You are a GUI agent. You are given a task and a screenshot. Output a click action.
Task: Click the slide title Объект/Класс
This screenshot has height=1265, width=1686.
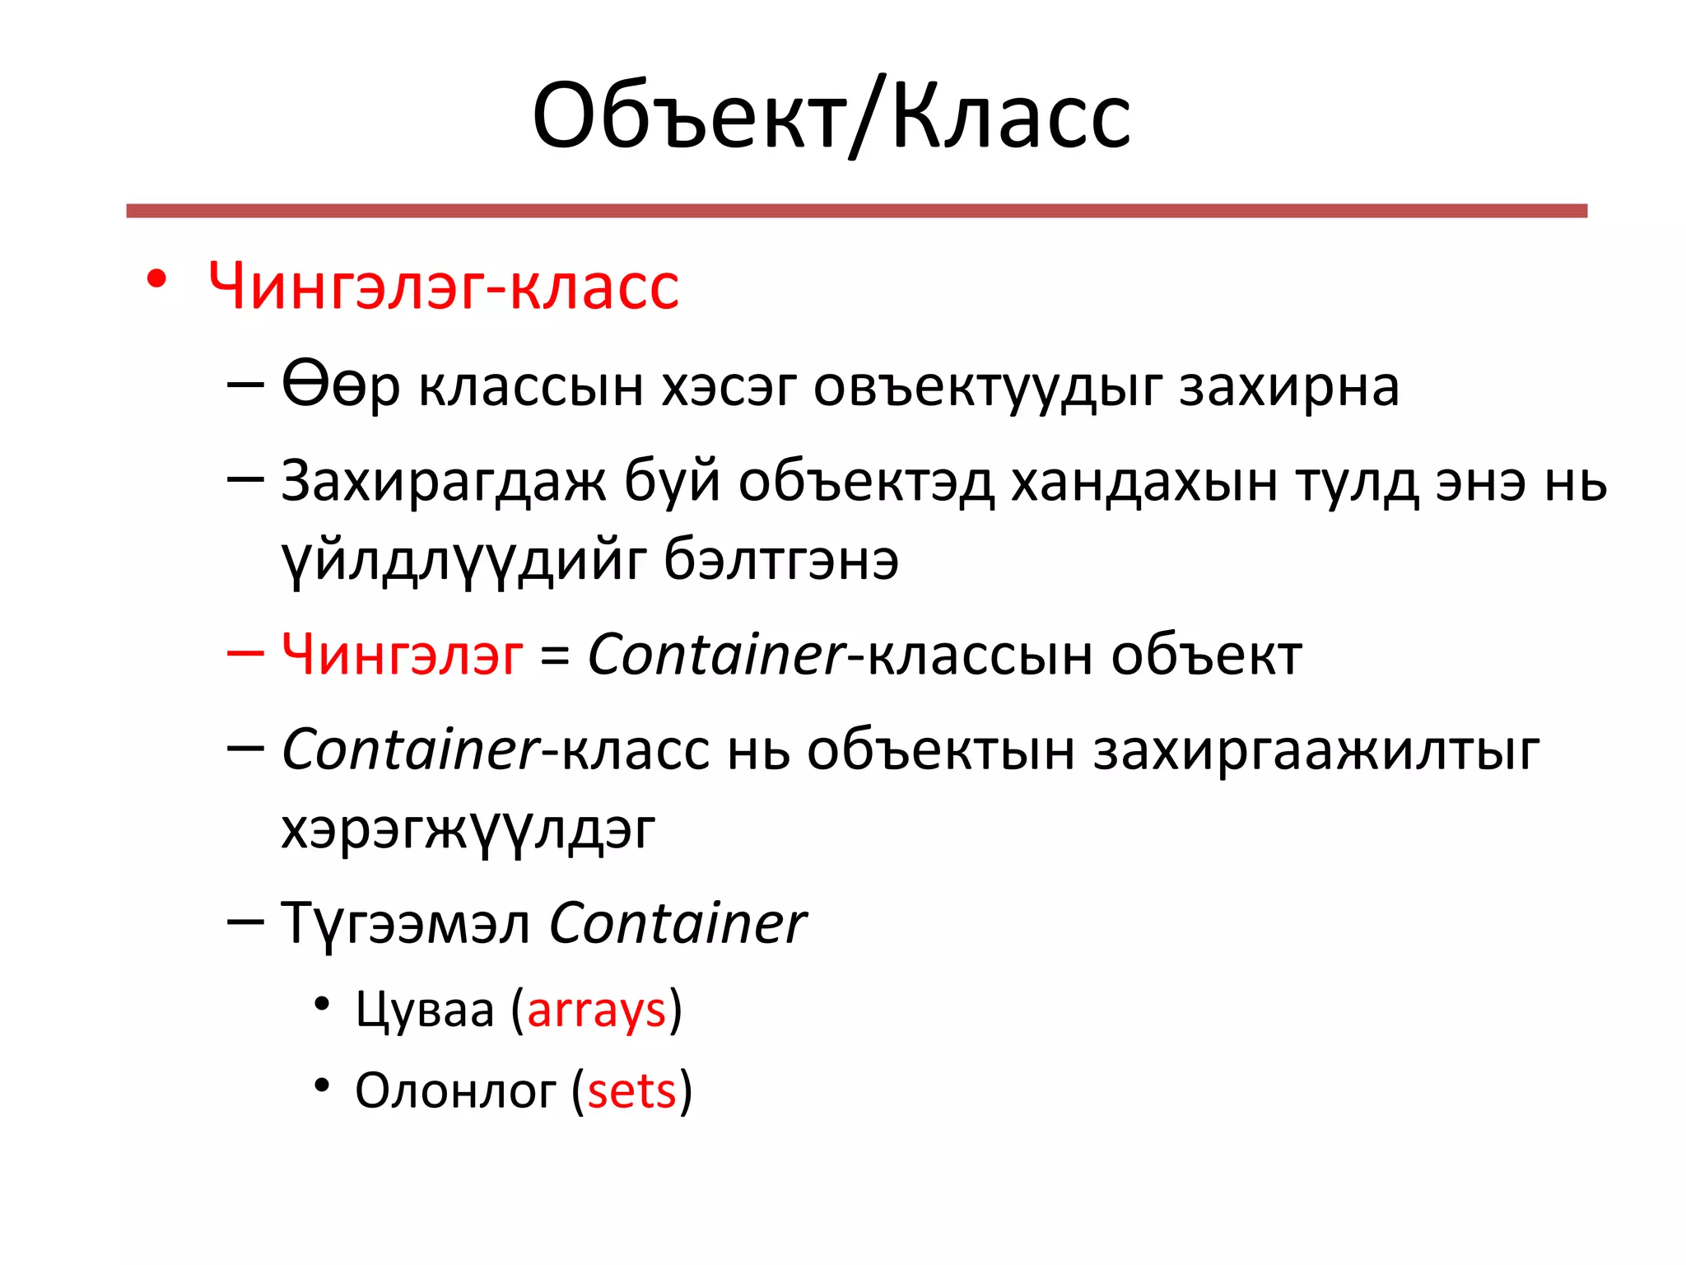[831, 117]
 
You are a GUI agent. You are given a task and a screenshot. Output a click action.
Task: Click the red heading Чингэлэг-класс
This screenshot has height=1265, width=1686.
[443, 287]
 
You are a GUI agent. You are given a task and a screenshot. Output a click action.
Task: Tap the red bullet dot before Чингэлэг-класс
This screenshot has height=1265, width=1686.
[156, 280]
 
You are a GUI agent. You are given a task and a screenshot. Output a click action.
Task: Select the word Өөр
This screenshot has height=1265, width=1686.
[341, 385]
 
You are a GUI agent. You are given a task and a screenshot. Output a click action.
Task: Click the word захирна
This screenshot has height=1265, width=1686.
[1288, 387]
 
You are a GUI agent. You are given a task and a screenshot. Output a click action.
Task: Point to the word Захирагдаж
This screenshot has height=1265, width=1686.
[443, 482]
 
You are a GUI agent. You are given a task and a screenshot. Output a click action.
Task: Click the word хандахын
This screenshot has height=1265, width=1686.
[1144, 482]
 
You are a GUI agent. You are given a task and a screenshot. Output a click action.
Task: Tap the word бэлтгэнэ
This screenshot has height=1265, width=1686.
[780, 560]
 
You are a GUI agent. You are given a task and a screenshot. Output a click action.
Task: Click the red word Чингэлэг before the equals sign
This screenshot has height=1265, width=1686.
[402, 656]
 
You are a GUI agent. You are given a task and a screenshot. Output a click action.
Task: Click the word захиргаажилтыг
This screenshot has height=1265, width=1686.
[1316, 751]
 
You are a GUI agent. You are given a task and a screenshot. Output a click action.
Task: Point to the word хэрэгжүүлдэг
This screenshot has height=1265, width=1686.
[468, 830]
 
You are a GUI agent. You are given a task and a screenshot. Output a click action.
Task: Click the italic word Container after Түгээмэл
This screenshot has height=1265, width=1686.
[677, 924]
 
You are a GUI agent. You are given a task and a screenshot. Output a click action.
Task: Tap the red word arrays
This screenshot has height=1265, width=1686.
[596, 1011]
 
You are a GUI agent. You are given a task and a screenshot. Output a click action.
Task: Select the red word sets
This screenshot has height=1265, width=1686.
[631, 1092]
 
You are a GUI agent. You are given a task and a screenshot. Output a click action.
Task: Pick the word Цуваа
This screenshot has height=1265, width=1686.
[425, 1011]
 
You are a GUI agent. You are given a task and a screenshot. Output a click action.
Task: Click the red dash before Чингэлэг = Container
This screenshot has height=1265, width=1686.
[245, 653]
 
